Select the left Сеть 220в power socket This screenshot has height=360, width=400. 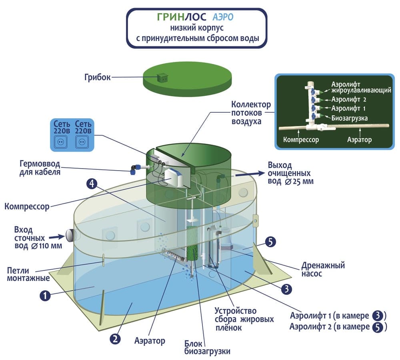(x=62, y=141)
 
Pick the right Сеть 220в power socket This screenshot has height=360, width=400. (x=84, y=141)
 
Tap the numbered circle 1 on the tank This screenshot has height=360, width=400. (x=45, y=295)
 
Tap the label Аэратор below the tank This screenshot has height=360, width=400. (x=150, y=341)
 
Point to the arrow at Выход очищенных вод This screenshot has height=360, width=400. (x=252, y=173)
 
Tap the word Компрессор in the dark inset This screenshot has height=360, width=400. (x=301, y=139)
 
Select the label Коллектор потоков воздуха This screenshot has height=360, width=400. (x=251, y=112)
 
